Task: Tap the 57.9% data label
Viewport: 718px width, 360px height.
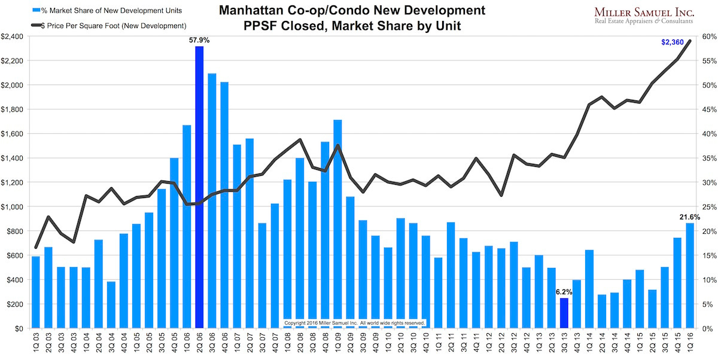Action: pyautogui.click(x=199, y=39)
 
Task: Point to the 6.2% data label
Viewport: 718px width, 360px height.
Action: pyautogui.click(x=564, y=292)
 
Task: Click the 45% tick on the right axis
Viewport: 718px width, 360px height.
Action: pyautogui.click(x=709, y=109)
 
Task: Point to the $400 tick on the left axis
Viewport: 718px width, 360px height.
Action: pyautogui.click(x=14, y=280)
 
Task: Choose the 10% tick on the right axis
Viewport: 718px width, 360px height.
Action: pyautogui.click(x=709, y=280)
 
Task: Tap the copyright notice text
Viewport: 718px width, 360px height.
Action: pyautogui.click(x=354, y=323)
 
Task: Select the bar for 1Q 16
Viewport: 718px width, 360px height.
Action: pyautogui.click(x=689, y=276)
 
